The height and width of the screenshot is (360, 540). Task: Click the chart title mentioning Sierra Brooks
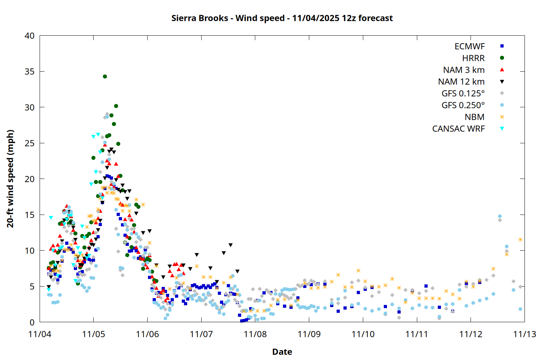coord(282,18)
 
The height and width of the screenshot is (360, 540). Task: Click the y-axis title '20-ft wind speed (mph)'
coord(10,179)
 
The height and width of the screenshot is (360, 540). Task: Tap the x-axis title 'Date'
coord(282,352)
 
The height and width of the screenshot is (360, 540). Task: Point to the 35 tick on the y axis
coord(30,72)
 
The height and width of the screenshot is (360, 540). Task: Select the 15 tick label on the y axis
coord(30,215)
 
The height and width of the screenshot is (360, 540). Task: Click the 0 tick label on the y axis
coord(32,322)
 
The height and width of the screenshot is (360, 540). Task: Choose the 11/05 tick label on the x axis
coord(94,334)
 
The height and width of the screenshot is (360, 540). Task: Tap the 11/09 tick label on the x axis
coord(309,334)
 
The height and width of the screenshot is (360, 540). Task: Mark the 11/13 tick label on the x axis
coord(525,334)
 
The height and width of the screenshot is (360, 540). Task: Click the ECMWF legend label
coord(469,46)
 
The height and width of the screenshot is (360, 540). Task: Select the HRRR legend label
coord(473,58)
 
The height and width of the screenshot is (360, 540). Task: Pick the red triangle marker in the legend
coord(502,70)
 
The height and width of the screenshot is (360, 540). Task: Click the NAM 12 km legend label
coord(461,82)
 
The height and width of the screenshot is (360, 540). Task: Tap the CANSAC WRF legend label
coord(458,129)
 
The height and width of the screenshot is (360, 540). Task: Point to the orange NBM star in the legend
coord(502,117)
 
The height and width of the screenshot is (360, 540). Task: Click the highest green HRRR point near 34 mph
coord(105,76)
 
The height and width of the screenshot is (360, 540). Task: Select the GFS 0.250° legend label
coord(463,105)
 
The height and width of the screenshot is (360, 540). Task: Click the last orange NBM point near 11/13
coord(520,239)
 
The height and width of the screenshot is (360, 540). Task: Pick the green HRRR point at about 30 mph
coord(116,106)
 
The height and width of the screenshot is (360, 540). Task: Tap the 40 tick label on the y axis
coord(30,36)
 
